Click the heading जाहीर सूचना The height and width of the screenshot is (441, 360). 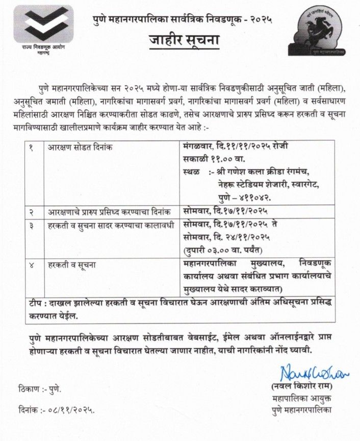(179, 40)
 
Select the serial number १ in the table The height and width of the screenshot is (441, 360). (32, 147)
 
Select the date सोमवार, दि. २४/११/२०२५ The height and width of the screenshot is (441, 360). (226, 237)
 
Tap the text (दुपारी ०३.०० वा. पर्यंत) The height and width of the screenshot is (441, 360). (222, 250)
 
